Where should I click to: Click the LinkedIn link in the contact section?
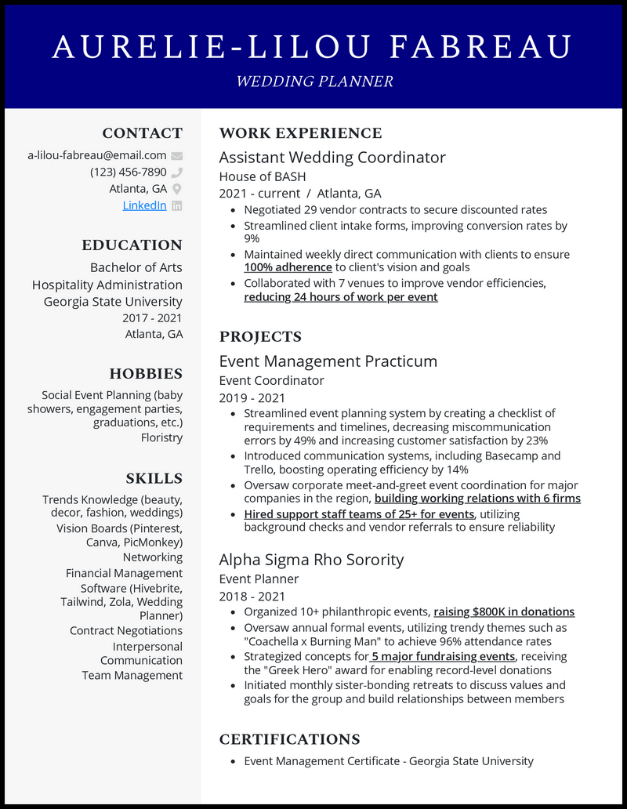pyautogui.click(x=144, y=205)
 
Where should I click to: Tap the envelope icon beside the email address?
pyautogui.click(x=177, y=155)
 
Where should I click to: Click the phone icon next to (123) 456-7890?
pyautogui.click(x=177, y=172)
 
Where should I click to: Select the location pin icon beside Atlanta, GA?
pyautogui.click(x=177, y=189)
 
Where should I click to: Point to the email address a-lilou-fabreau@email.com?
pyautogui.click(x=97, y=155)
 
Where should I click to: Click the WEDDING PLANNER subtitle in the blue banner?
pyautogui.click(x=314, y=82)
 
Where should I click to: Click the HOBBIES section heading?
pyautogui.click(x=146, y=374)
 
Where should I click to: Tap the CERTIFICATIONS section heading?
pyautogui.click(x=289, y=739)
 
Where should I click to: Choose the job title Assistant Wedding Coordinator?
pyautogui.click(x=332, y=158)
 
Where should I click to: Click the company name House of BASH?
pyautogui.click(x=263, y=176)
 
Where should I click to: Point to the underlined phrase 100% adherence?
pyautogui.click(x=288, y=267)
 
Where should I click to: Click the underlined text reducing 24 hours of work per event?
pyautogui.click(x=340, y=297)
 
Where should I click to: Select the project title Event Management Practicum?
pyautogui.click(x=328, y=361)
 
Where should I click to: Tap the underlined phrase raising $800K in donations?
pyautogui.click(x=504, y=611)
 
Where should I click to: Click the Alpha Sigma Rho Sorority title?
pyautogui.click(x=311, y=560)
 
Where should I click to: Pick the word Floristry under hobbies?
pyautogui.click(x=161, y=437)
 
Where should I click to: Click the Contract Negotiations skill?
pyautogui.click(x=125, y=630)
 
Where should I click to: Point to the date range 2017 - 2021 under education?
pyautogui.click(x=152, y=317)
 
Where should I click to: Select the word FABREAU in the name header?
pyautogui.click(x=481, y=48)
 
